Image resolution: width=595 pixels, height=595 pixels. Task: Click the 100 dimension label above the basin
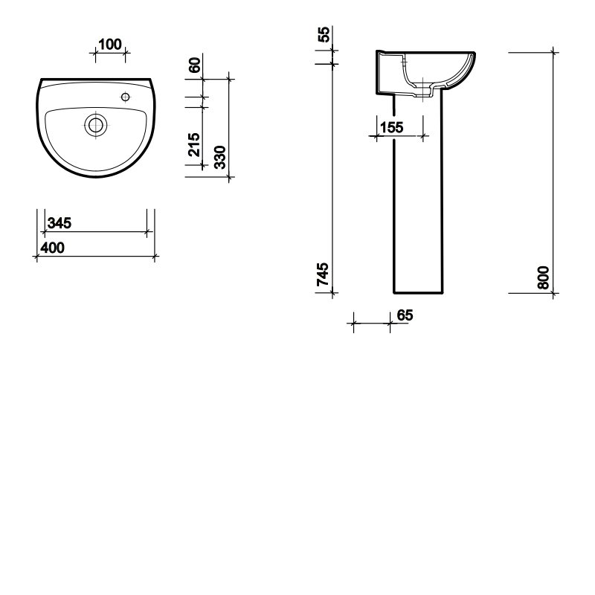109,45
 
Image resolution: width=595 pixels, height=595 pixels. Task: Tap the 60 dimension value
194,65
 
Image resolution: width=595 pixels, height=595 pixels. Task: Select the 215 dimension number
194,144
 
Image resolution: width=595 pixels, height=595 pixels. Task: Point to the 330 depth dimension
219,157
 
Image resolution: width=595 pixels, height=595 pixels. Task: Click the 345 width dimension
59,223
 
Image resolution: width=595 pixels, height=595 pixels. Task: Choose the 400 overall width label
52,248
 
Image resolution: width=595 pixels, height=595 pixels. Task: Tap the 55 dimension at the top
324,34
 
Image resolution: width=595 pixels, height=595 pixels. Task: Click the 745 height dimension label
323,274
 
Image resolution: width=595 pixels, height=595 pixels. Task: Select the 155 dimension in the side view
392,127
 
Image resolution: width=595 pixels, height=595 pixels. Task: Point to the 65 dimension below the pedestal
405,315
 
